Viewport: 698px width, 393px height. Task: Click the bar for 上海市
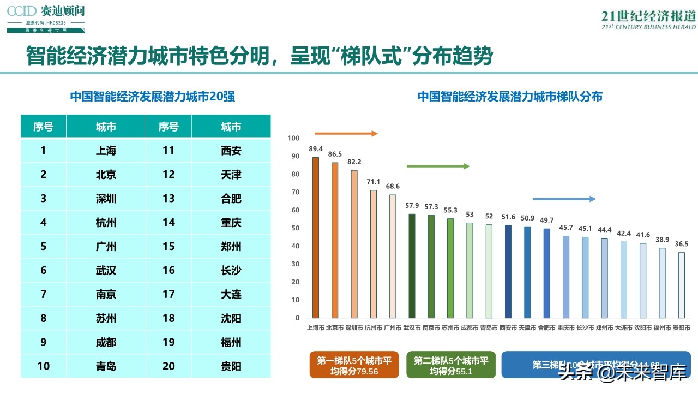(315, 237)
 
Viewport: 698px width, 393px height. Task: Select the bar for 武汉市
(412, 266)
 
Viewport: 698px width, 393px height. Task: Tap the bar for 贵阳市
(682, 285)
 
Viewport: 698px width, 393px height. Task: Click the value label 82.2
(354, 162)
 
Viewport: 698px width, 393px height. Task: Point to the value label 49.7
(547, 220)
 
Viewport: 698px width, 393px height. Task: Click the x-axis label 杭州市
(374, 328)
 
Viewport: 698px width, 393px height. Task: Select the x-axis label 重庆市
(566, 328)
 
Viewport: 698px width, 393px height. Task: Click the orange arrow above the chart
(346, 133)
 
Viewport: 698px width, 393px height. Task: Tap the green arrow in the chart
(438, 166)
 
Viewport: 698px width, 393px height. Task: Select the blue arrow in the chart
(564, 199)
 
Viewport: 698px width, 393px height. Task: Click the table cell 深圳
(106, 199)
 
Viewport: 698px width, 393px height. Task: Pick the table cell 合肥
(231, 199)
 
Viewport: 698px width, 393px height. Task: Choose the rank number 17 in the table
(169, 294)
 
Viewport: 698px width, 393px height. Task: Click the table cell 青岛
(106, 366)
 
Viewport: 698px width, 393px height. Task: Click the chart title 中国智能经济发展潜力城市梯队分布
(510, 97)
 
